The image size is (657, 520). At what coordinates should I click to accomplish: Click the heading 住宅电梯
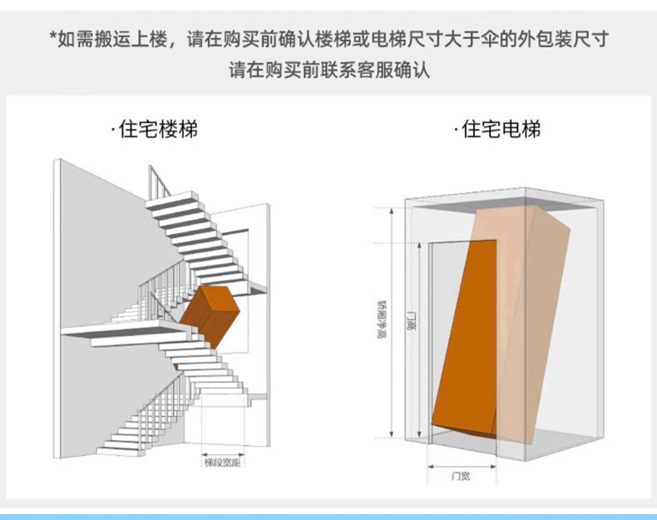click(499, 130)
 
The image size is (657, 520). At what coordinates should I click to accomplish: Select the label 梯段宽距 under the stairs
click(222, 462)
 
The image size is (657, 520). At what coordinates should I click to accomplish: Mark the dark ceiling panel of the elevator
click(499, 200)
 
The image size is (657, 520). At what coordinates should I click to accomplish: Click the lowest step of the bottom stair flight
click(116, 450)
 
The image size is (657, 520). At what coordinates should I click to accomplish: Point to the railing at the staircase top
click(158, 179)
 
